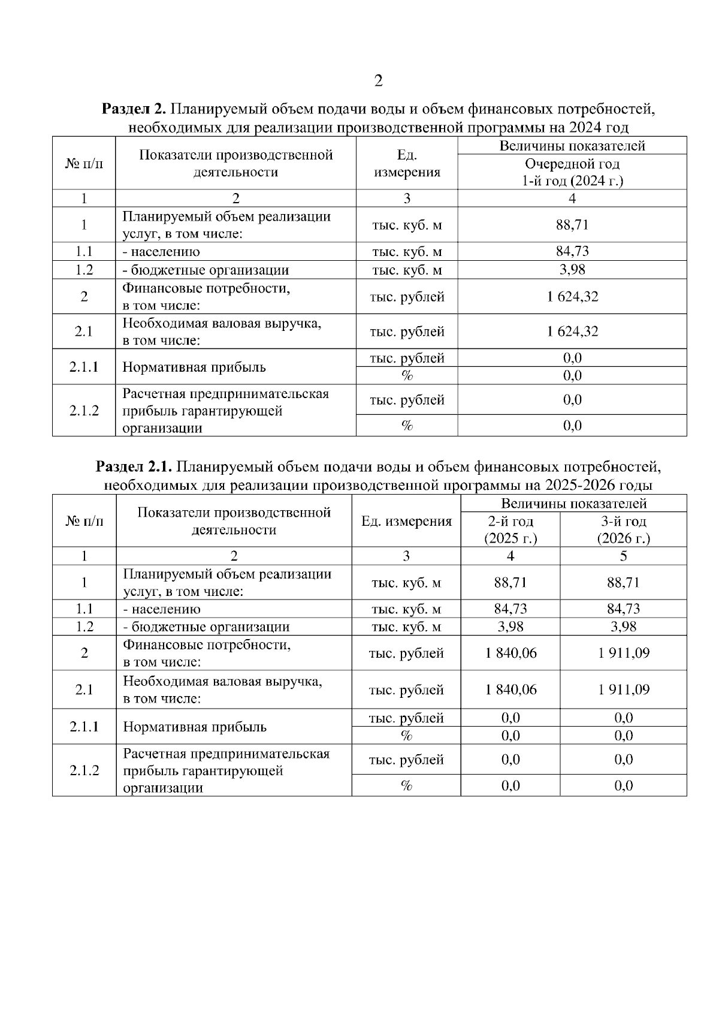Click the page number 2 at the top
tap(378, 81)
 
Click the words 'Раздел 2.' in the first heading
tap(133, 110)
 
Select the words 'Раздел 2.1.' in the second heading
tap(135, 467)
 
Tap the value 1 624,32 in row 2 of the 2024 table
tap(572, 297)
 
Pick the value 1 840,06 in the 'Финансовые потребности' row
tap(510, 653)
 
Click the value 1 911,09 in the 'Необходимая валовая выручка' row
tap(623, 689)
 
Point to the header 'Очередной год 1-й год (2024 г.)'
tap(572, 172)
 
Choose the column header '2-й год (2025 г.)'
tap(510, 529)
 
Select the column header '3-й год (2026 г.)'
tap(623, 529)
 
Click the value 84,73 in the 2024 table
tap(572, 251)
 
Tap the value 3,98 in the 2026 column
tap(623, 627)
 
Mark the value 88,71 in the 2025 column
tap(510, 582)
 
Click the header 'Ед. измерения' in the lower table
tap(406, 521)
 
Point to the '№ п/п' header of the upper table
tap(84, 164)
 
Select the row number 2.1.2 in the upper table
tap(84, 411)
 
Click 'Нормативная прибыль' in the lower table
tap(195, 727)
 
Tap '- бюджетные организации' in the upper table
tap(206, 270)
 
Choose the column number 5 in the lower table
tap(623, 556)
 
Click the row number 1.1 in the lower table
tap(84, 609)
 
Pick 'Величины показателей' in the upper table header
tap(572, 146)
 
